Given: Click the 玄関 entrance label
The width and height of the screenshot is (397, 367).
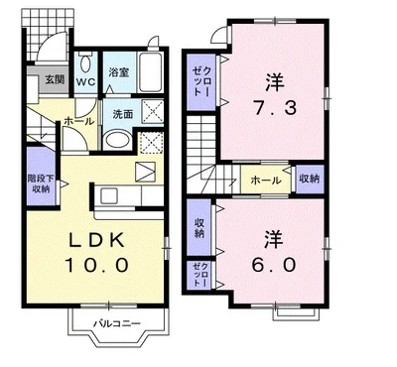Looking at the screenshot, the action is point(55,79).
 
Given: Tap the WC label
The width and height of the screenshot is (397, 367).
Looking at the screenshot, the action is point(85,81).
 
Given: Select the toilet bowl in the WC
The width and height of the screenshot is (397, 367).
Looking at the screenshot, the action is point(85,63).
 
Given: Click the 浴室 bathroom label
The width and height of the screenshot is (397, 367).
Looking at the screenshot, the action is point(118,72).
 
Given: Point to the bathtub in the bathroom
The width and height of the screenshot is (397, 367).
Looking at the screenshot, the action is point(150,71).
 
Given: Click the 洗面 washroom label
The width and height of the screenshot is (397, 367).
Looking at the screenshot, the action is point(123,114).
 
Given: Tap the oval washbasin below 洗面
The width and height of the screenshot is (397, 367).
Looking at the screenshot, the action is point(117,141).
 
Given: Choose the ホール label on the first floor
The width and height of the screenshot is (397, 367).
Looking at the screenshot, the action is point(78,122).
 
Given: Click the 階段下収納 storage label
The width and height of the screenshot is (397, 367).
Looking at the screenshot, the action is point(41,183).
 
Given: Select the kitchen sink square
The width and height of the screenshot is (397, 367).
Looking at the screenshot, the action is point(109,195).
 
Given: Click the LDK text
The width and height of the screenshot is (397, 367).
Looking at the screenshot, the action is point(96,241).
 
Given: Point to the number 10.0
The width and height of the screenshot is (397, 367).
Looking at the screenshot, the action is point(96,265).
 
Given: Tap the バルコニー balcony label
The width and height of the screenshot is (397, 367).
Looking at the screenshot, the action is point(116,323).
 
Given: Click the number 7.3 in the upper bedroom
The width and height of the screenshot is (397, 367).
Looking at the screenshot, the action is point(275,108).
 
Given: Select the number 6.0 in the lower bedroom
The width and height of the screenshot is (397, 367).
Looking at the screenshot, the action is point(274,265).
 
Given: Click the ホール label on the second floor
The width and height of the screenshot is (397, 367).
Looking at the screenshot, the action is point(266,181).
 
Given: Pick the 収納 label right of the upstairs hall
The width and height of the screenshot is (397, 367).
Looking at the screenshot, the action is point(309,179).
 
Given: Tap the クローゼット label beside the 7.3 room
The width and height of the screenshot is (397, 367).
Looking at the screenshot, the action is point(201,81).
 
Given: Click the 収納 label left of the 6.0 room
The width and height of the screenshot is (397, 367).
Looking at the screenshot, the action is point(198,228).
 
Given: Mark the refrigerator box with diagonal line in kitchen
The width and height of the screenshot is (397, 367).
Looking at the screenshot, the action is point(146,172).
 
